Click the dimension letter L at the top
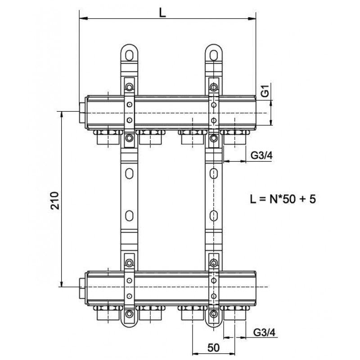pyautogui.click(x=162, y=13)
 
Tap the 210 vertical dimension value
pyautogui.click(x=55, y=200)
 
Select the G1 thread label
pyautogui.click(x=265, y=91)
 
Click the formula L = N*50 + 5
pyautogui.click(x=283, y=199)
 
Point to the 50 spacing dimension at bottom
pyautogui.click(x=213, y=348)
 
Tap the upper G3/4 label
pyautogui.click(x=261, y=156)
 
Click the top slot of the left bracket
pyautogui.click(x=129, y=55)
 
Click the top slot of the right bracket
pyautogui.click(x=214, y=55)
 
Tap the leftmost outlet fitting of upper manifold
pyautogui.click(x=108, y=137)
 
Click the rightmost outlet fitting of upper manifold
pyautogui.click(x=235, y=137)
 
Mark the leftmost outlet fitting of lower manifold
pyautogui.click(x=108, y=313)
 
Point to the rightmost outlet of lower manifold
pyautogui.click(x=235, y=313)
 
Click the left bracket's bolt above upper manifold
pyautogui.click(x=129, y=87)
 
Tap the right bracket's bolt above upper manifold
pyautogui.click(x=214, y=87)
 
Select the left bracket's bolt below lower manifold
pyautogui.click(x=129, y=313)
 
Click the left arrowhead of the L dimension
pyautogui.click(x=83, y=18)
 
